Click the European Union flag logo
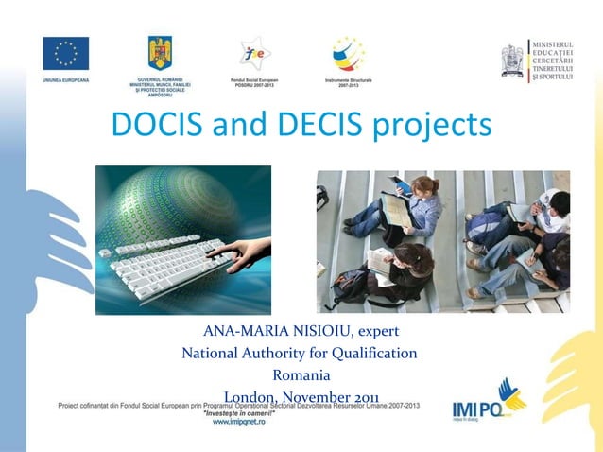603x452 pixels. (66, 54)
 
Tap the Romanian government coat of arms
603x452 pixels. (159, 53)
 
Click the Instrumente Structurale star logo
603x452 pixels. (347, 55)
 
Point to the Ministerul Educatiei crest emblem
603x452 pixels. (512, 60)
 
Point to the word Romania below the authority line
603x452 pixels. (301, 375)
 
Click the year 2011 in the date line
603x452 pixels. (364, 397)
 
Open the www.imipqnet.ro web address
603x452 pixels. (238, 422)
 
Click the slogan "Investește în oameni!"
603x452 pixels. (238, 413)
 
